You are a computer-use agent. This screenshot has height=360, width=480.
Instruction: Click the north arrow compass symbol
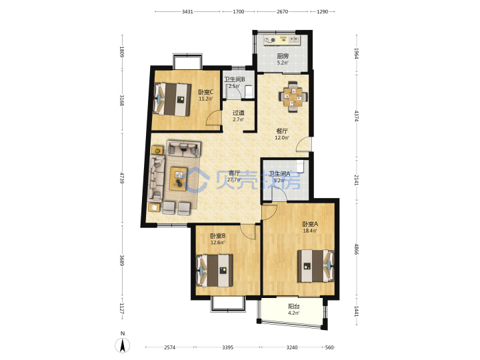click(x=123, y=345)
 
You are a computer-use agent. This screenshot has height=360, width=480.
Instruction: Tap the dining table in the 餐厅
click(x=293, y=97)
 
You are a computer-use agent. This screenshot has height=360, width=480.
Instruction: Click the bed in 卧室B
click(x=214, y=271)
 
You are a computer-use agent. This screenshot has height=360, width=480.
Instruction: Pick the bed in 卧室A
click(x=316, y=266)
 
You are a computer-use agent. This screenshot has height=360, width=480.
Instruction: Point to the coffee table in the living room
click(x=179, y=179)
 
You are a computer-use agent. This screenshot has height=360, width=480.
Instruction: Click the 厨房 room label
click(x=283, y=56)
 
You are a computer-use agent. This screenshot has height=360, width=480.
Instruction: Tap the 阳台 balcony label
click(x=294, y=306)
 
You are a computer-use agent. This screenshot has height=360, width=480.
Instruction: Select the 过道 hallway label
click(x=239, y=113)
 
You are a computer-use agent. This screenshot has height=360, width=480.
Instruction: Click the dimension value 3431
click(x=187, y=11)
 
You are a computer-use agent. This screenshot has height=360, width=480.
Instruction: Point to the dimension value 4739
click(x=122, y=178)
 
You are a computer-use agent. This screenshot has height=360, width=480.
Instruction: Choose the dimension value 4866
click(x=356, y=249)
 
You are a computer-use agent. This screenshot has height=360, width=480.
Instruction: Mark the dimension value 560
click(x=329, y=347)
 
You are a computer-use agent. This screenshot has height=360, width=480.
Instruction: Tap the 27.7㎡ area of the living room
click(x=234, y=180)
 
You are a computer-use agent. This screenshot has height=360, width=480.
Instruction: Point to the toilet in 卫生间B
click(x=249, y=91)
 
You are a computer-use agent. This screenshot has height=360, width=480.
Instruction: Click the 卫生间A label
click(x=279, y=174)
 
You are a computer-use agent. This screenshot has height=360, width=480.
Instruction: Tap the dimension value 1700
click(x=239, y=11)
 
